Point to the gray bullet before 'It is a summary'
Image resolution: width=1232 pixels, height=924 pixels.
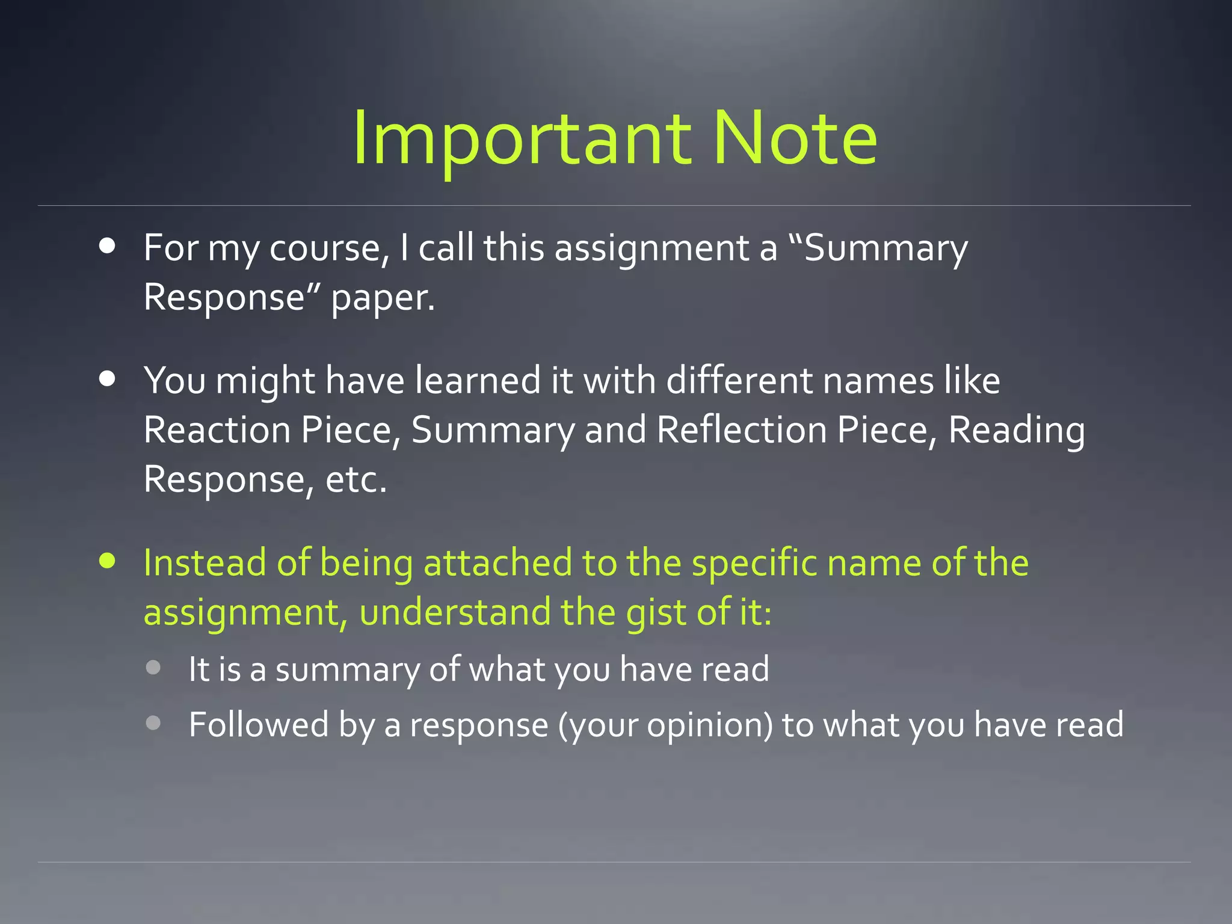tap(153, 667)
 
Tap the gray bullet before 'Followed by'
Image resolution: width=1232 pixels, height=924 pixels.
tap(153, 722)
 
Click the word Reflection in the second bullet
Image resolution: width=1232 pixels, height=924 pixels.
tap(741, 430)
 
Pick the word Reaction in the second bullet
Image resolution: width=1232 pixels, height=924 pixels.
tap(217, 430)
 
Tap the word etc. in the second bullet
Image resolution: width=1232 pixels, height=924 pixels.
tap(356, 479)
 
